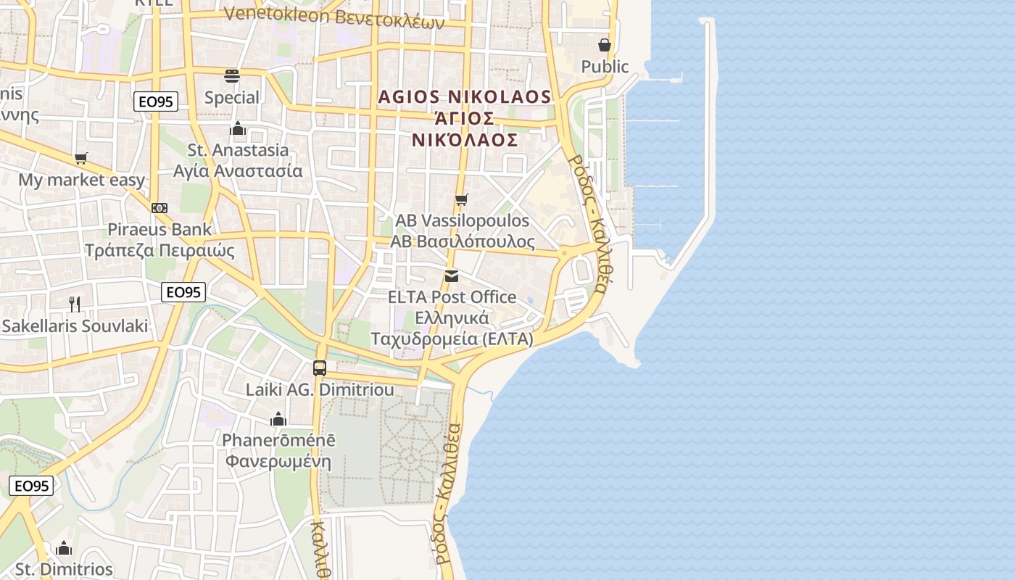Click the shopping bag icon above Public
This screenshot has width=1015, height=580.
(605, 45)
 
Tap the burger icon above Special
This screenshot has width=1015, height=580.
(232, 76)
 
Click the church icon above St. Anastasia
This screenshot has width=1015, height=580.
(238, 129)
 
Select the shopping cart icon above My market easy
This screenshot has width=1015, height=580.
(81, 158)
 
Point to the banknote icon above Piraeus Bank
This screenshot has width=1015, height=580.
(159, 208)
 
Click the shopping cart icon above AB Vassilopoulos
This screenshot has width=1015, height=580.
(461, 199)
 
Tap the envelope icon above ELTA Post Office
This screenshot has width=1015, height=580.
(452, 276)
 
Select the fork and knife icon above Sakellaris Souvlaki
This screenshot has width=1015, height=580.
(75, 304)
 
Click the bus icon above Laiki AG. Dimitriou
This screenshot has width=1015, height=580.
(320, 368)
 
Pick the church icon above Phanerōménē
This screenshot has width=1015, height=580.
(278, 419)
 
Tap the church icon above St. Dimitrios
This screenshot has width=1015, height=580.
(64, 548)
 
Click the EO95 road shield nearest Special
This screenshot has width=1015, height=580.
(156, 101)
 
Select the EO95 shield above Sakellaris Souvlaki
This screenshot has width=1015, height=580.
(183, 292)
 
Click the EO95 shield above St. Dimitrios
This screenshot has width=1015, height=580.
(31, 486)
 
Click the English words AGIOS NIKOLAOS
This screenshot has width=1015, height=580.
(465, 96)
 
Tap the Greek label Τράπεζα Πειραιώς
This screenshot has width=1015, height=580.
(160, 251)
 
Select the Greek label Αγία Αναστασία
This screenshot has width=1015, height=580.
(238, 172)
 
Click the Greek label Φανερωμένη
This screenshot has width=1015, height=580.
(278, 462)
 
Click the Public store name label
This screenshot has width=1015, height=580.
(605, 67)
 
